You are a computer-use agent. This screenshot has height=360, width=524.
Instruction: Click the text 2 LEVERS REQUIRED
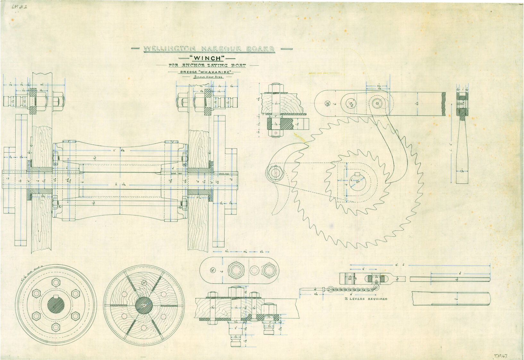(366, 299)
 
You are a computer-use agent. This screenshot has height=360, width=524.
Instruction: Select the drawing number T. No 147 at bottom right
(502, 356)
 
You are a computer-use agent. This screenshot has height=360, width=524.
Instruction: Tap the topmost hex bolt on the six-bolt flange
(56, 282)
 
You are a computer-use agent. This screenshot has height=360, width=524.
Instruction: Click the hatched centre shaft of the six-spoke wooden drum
(144, 305)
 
